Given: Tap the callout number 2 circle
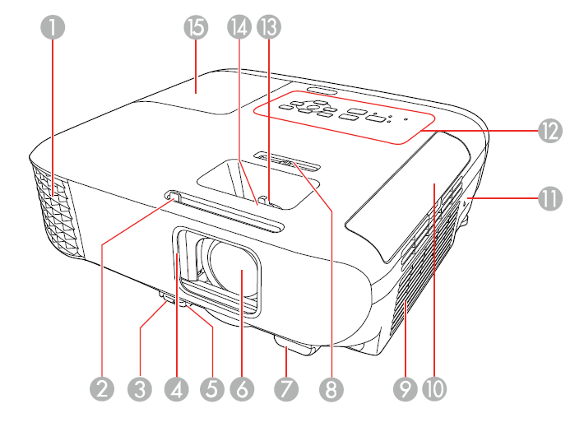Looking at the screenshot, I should tap(103, 388).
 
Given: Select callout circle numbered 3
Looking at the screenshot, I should tap(140, 388).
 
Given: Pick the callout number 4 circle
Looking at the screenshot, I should tap(176, 388).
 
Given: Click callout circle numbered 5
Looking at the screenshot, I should tap(212, 388).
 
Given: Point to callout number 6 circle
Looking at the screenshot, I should tap(243, 388).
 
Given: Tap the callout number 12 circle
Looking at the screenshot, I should tap(549, 130).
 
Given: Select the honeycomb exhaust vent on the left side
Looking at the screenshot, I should tap(54, 206).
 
